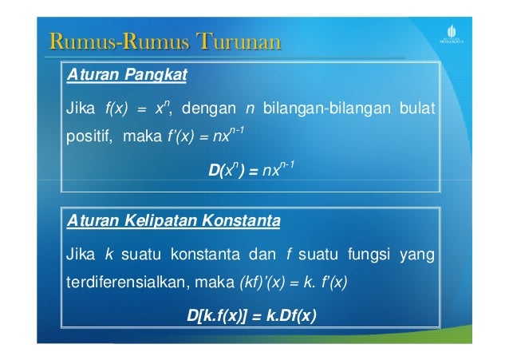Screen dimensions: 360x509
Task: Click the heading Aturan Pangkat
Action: pyautogui.click(x=126, y=76)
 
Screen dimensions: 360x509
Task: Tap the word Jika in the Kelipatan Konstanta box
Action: pyautogui.click(x=80, y=255)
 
